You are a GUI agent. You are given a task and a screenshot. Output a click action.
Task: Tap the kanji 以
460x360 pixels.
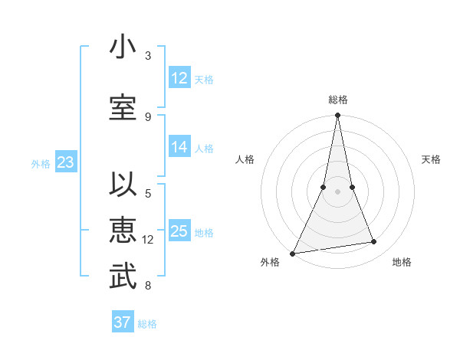coord(123,185)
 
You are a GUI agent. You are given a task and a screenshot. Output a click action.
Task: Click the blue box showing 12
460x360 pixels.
coord(179,78)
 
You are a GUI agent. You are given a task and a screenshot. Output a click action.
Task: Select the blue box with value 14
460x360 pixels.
coord(179,148)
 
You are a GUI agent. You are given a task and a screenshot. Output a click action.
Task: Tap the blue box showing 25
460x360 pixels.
coord(179,231)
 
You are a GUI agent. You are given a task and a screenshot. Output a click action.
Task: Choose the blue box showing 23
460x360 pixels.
coord(65,162)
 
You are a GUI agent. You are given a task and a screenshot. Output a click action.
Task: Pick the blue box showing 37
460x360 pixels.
coord(123,322)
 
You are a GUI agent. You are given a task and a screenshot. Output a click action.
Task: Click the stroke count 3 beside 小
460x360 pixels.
coord(148,56)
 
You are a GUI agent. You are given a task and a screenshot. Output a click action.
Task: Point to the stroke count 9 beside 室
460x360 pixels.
coord(148,116)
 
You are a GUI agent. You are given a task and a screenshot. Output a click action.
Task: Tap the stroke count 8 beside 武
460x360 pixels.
coord(148,286)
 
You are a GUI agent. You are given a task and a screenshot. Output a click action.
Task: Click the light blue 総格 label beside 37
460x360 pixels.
coord(147,324)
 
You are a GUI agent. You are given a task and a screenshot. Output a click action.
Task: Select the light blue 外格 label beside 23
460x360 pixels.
coord(40,164)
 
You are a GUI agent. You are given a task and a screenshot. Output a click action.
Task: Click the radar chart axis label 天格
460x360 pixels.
coord(431,159)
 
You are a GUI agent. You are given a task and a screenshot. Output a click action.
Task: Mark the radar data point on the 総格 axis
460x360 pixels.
coord(337,116)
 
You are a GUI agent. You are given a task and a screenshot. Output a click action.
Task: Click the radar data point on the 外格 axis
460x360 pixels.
coord(292,254)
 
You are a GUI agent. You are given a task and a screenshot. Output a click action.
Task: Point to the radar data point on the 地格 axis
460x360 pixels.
coord(374,242)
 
